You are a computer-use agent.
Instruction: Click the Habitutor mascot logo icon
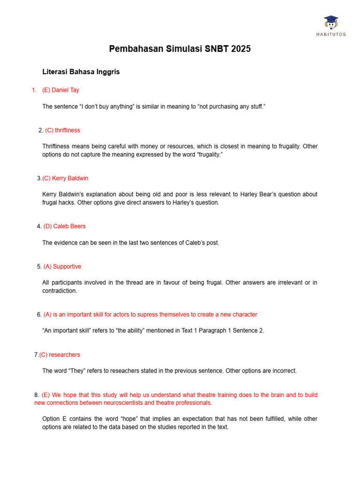[331, 22]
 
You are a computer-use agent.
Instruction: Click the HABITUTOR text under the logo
[331, 35]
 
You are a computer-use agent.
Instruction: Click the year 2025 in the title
[240, 49]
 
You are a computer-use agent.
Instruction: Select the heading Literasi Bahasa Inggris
[81, 72]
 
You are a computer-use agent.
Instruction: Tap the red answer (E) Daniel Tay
[61, 90]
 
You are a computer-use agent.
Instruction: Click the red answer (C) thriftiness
[63, 130]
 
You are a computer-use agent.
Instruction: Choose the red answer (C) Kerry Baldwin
[65, 178]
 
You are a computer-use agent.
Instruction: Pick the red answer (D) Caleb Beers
[65, 226]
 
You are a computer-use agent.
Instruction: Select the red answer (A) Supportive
[62, 266]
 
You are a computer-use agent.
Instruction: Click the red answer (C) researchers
[60, 355]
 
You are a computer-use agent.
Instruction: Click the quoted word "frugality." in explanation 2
[208, 154]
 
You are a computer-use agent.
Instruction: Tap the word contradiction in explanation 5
[60, 291]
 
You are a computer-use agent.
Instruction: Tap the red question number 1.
[33, 90]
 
